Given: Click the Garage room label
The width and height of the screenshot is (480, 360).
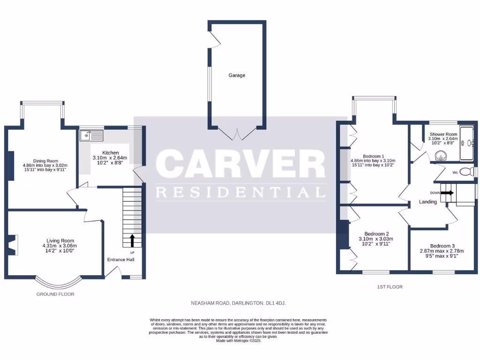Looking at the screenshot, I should (x=237, y=75).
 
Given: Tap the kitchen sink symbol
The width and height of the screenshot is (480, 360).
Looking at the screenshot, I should (x=91, y=135).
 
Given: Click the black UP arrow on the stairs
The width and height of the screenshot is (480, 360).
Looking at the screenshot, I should (x=132, y=240).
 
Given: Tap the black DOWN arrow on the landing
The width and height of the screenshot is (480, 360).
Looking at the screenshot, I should (x=447, y=192).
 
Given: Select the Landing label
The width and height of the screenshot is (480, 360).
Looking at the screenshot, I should (x=428, y=202).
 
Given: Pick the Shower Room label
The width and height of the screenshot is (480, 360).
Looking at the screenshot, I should (x=443, y=135).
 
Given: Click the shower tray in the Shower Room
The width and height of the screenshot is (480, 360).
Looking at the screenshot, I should (x=467, y=143).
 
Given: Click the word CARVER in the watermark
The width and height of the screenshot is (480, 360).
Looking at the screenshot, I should (x=240, y=165).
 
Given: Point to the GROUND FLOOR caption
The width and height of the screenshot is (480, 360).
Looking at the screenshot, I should (x=55, y=294).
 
